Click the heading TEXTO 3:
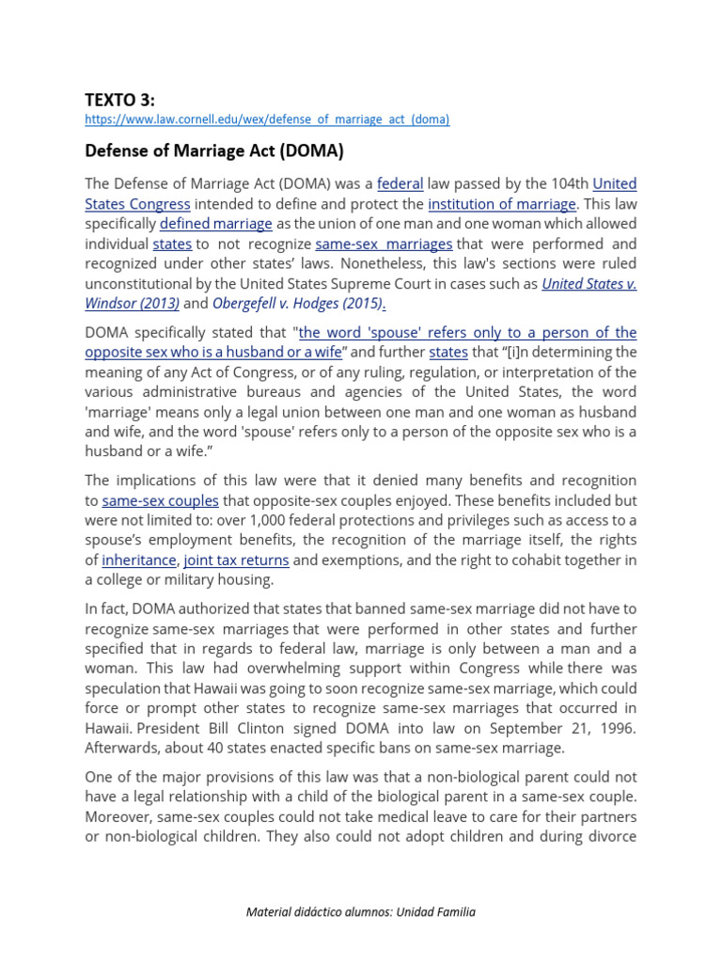pyautogui.click(x=120, y=100)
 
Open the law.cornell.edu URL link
pyautogui.click(x=267, y=119)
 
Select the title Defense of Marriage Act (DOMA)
pyautogui.click(x=214, y=150)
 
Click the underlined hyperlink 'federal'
pyautogui.click(x=400, y=183)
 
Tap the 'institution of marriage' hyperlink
pyautogui.click(x=501, y=204)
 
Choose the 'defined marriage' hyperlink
pyautogui.click(x=215, y=224)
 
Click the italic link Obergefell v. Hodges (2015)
pyautogui.click(x=298, y=303)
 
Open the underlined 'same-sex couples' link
pyautogui.click(x=160, y=501)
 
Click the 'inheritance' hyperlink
pyautogui.click(x=140, y=560)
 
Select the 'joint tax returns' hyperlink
pyautogui.click(x=236, y=560)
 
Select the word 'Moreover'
pyautogui.click(x=118, y=817)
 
